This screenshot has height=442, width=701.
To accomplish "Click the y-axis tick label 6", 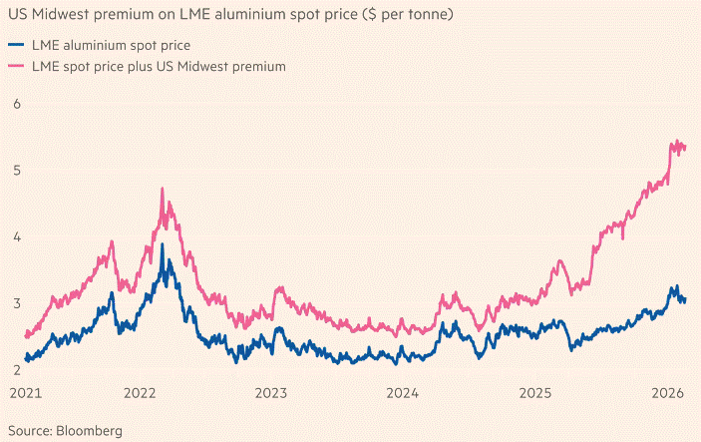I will click(16, 104).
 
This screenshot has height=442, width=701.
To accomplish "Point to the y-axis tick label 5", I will click(16, 171).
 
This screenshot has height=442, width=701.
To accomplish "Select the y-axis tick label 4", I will click(16, 237).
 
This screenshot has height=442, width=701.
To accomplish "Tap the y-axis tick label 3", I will click(16, 303).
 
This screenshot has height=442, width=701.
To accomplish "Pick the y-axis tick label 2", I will click(16, 370).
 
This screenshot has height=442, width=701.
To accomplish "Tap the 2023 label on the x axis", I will click(272, 392).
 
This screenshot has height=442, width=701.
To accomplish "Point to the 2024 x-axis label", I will click(402, 392).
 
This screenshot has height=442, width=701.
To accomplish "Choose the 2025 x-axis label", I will click(535, 392).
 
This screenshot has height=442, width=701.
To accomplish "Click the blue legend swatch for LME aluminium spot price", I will click(15, 46).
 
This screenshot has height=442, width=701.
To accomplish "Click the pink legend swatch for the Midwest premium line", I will click(15, 66).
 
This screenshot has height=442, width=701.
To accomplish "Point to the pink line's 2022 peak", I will click(162, 189).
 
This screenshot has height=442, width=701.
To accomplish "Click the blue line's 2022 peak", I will click(164, 243).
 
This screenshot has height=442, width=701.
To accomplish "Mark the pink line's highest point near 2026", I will click(678, 141).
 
